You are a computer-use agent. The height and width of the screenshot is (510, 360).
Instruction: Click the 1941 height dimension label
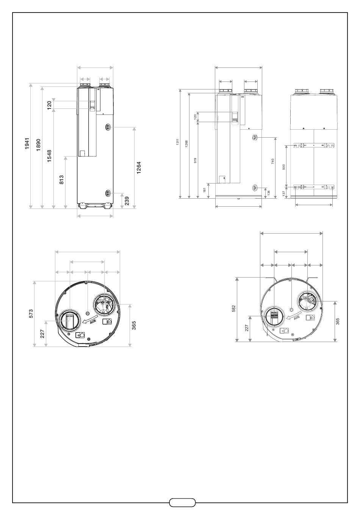point(27,143)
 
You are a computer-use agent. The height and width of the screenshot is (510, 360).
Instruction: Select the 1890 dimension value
point(38,145)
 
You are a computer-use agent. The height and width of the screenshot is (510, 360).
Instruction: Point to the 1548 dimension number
point(49,156)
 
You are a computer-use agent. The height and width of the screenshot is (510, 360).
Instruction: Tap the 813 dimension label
point(61,180)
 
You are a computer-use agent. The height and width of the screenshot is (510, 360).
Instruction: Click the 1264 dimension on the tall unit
point(139,168)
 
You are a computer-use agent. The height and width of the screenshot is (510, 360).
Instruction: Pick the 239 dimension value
point(127,201)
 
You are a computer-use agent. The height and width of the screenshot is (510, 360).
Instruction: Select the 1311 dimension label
point(178,141)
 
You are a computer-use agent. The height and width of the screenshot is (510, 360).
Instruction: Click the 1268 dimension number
point(186,144)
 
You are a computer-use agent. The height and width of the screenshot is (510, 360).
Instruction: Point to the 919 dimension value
point(195,160)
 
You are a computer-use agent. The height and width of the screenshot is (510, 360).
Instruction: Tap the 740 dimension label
point(272,162)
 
